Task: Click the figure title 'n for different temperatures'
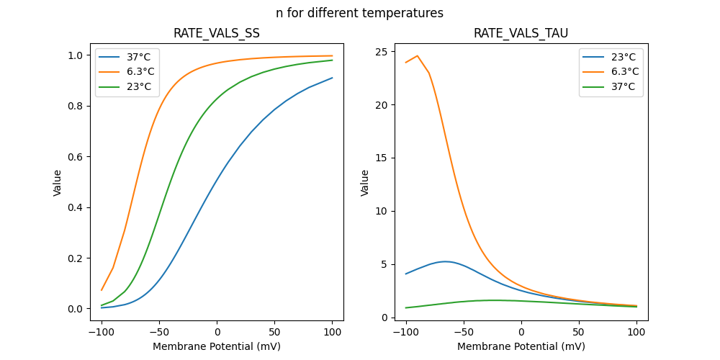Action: click(359, 13)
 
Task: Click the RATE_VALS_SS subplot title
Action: click(217, 33)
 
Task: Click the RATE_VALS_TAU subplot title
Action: click(521, 33)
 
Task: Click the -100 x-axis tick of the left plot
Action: click(102, 332)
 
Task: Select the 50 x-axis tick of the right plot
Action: click(578, 332)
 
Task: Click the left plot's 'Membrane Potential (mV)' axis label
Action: click(217, 346)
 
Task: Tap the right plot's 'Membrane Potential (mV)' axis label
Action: click(521, 346)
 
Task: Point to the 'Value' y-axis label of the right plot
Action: click(365, 183)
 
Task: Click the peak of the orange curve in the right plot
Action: click(418, 55)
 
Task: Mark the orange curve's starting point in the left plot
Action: click(102, 290)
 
